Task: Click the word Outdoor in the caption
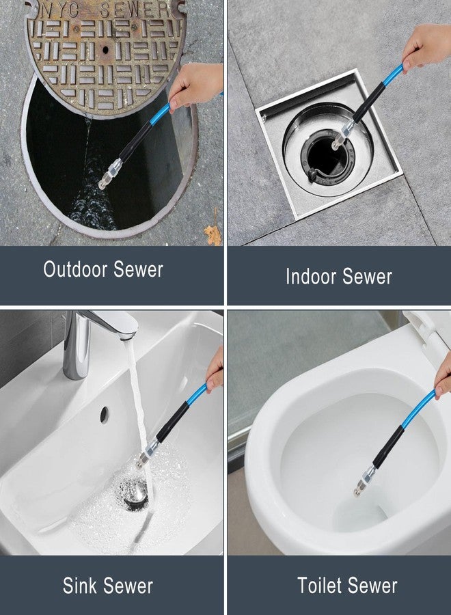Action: (x=75, y=269)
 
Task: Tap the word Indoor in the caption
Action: (x=310, y=276)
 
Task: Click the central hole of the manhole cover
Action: (x=105, y=50)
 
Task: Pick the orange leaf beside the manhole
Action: (x=213, y=232)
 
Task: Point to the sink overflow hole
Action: (x=104, y=415)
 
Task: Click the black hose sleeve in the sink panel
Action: (x=174, y=422)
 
